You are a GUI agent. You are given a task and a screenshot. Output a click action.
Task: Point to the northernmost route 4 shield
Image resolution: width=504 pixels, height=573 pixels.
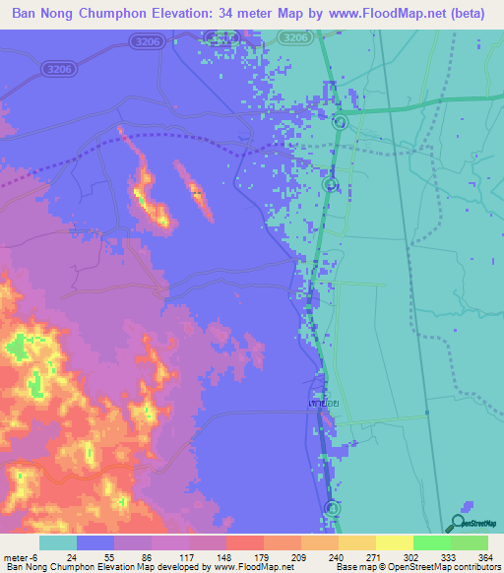click(x=340, y=121)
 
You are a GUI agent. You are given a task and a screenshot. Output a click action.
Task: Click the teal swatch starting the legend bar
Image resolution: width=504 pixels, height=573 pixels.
click(x=57, y=543)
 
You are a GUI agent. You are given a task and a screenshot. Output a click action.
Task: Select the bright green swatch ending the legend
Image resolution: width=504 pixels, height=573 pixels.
click(x=470, y=543)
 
